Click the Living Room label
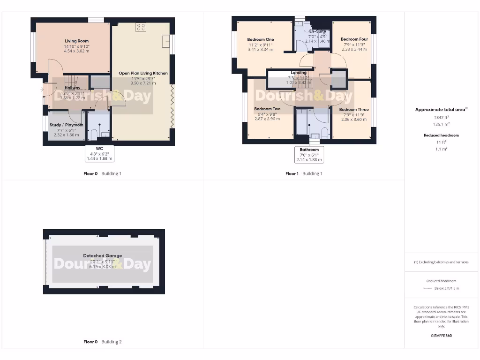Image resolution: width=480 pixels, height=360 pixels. click(76, 41)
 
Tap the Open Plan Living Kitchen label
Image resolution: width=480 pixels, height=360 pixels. click(143, 73)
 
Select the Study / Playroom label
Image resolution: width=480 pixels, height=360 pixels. click(66, 125)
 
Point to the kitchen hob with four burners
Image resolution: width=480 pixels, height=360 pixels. click(140, 27)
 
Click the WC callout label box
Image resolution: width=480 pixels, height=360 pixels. click(99, 153)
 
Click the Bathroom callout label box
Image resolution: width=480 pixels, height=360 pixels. click(309, 154)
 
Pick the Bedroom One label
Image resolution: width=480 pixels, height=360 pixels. click(261, 39)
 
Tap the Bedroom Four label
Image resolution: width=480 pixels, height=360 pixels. click(354, 39)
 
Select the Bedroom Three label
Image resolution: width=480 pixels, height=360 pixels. click(354, 109)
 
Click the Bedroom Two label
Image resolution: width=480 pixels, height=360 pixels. click(267, 109)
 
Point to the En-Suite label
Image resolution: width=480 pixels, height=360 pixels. click(317, 31)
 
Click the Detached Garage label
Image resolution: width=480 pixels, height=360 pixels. click(102, 256)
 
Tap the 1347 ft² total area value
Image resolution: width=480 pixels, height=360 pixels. click(440, 118)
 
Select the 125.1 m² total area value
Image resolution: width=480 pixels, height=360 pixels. click(440, 124)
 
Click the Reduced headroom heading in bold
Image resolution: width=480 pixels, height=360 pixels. click(441, 135)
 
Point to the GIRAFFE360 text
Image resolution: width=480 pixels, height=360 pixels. click(441, 336)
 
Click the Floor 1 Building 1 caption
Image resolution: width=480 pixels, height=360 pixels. click(304, 174)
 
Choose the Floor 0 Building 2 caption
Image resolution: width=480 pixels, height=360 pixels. click(102, 342)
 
